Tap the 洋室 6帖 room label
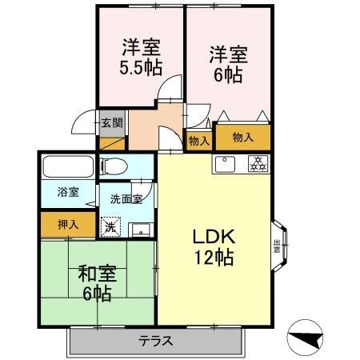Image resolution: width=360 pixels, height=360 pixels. point(228,64)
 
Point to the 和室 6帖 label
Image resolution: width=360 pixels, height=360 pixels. point(97,282)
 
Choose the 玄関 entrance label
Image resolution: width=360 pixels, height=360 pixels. point(111,123)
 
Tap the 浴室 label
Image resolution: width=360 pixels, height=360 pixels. point(67,192)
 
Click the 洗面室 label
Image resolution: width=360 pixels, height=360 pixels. point(126,198)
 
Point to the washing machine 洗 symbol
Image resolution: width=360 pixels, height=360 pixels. point(110,227)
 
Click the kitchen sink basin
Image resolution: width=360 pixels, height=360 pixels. point(223,165)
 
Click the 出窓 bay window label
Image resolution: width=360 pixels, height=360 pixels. point(277,246)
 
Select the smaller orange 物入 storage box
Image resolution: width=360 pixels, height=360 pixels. point(198,140)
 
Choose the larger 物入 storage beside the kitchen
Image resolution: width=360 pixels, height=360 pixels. point(242,137)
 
